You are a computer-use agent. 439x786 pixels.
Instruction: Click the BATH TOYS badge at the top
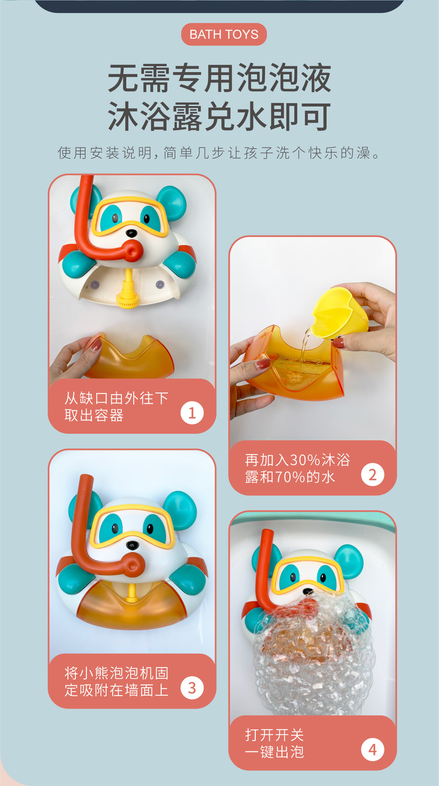click(224, 34)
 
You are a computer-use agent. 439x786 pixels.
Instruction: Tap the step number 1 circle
click(192, 413)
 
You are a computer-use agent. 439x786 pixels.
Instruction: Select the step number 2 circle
click(372, 475)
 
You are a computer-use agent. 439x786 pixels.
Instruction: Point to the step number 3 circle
click(192, 688)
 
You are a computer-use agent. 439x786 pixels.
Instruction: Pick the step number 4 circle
click(372, 750)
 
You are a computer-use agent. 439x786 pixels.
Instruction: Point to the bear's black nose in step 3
click(132, 545)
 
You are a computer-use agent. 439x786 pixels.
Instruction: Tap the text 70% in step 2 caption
click(290, 477)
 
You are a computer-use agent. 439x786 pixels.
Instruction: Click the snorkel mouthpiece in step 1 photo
click(132, 251)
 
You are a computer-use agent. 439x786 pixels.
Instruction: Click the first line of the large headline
click(219, 78)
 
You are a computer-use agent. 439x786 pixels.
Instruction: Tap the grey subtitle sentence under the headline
click(219, 153)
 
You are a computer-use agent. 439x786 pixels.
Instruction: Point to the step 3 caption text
click(116, 682)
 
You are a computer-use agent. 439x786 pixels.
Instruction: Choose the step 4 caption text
click(274, 743)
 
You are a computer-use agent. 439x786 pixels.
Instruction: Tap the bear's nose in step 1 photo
click(132, 233)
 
